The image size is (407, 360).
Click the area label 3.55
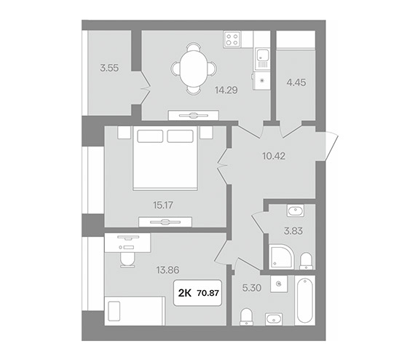[109, 69]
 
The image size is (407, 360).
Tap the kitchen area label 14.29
[226, 90]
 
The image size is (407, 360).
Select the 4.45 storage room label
[296, 82]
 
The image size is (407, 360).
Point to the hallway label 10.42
[274, 156]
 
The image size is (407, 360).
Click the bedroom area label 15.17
[163, 206]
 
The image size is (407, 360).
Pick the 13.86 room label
[167, 270]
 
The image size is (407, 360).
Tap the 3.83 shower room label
[293, 231]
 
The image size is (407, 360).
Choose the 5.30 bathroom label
[252, 288]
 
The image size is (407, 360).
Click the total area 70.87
[208, 293]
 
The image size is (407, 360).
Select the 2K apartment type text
[185, 293]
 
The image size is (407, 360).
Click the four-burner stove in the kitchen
[232, 39]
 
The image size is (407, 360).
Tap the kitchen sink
[262, 59]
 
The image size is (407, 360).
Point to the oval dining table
[194, 69]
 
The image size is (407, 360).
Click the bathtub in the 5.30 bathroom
[305, 300]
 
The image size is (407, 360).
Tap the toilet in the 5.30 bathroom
[246, 316]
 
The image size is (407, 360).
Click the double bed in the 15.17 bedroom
[165, 158]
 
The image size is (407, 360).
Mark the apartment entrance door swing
[328, 146]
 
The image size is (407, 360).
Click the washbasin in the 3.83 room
[295, 211]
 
